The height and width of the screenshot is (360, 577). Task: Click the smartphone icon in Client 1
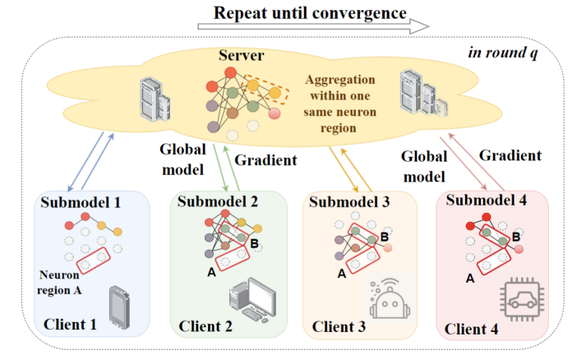tap(121, 306)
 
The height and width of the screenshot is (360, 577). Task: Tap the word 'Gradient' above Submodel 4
tap(510, 155)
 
